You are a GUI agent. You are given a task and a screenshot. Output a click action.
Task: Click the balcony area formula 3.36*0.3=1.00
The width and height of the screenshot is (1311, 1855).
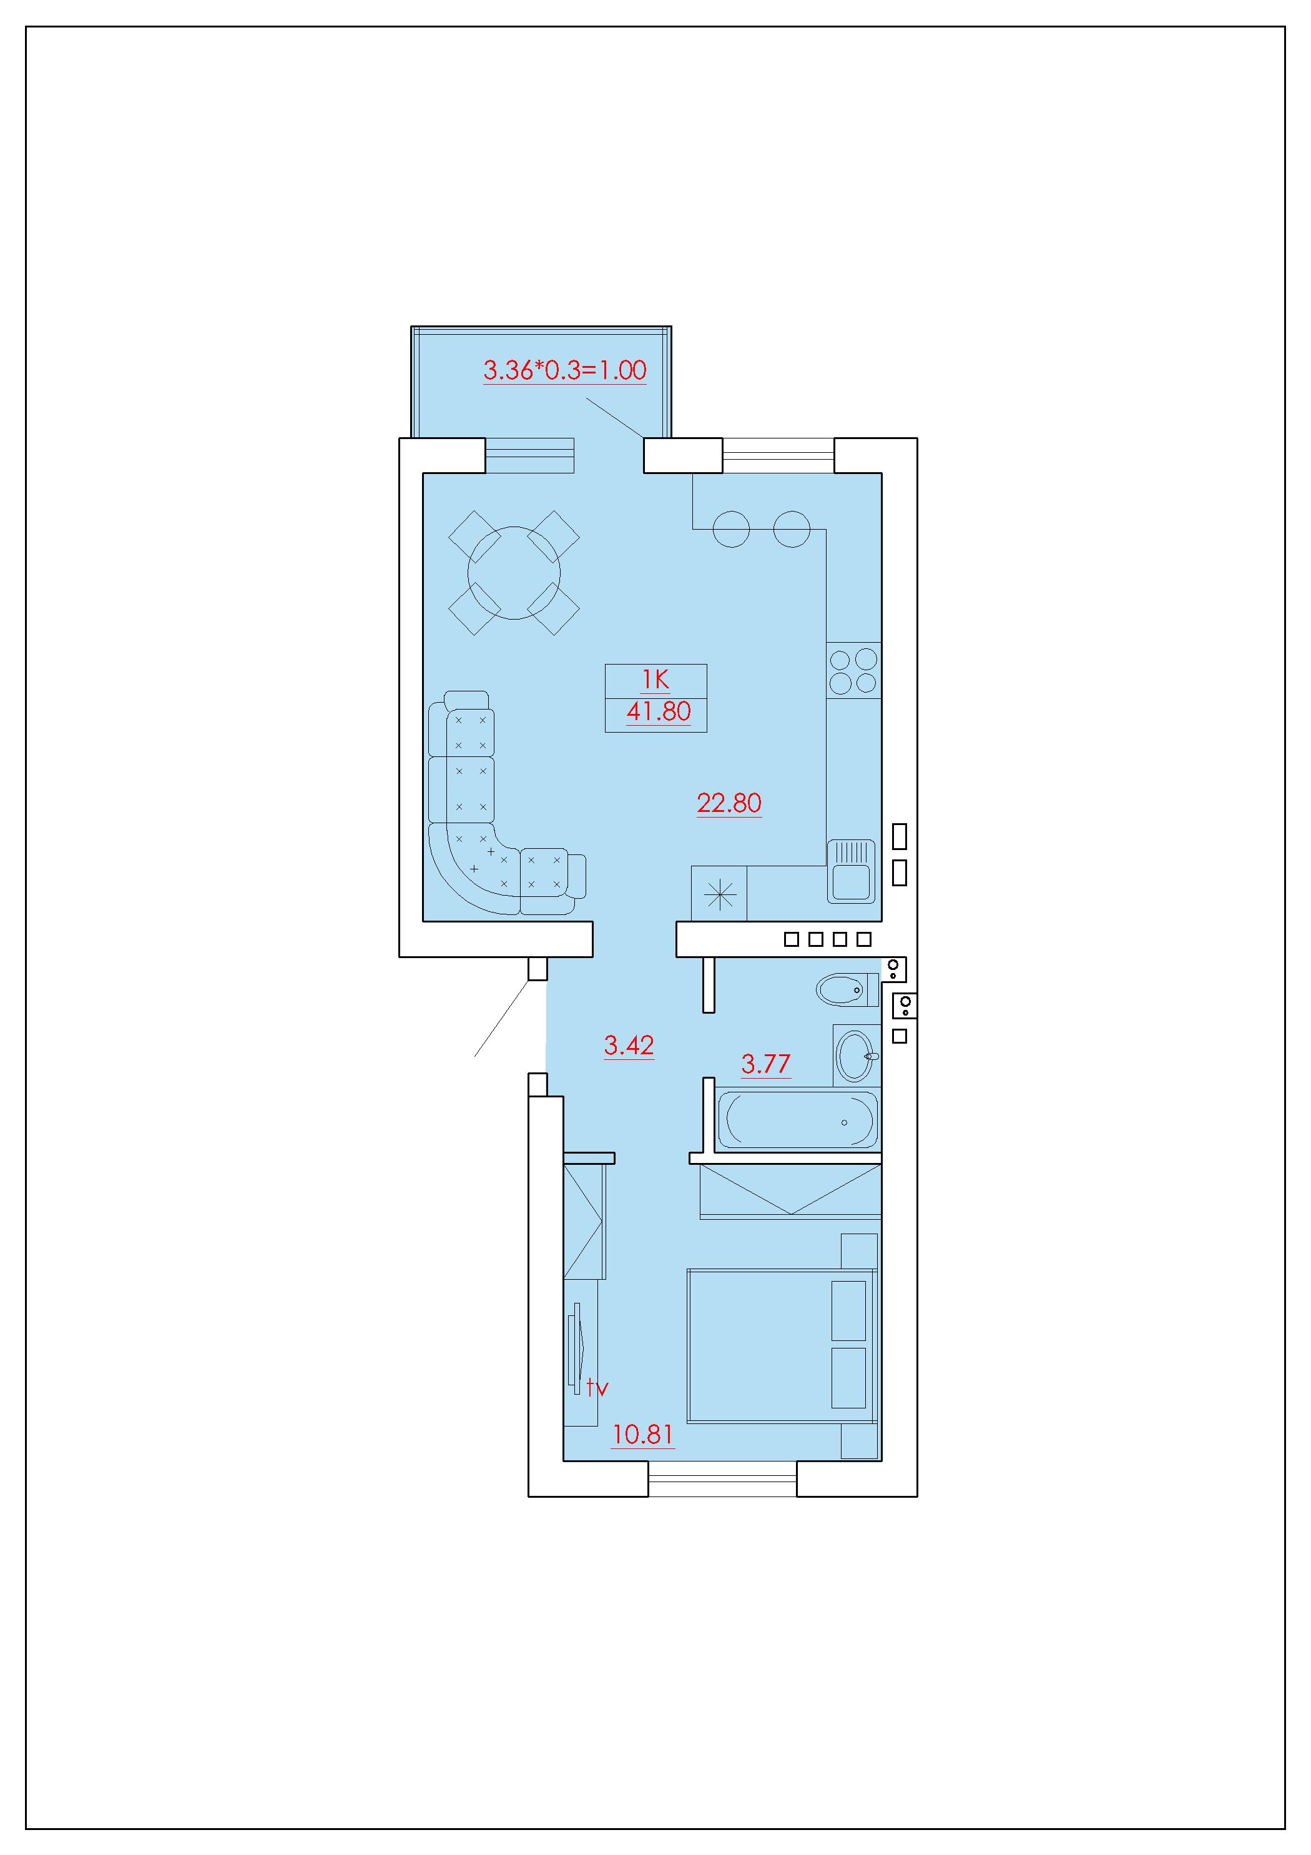[x=564, y=370]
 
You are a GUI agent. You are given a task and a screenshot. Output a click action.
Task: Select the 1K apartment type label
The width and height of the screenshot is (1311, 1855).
[x=655, y=680]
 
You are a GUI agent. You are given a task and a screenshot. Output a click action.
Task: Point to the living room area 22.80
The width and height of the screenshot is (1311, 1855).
[x=729, y=803]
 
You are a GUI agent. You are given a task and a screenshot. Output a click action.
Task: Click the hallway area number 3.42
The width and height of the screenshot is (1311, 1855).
[x=629, y=1046]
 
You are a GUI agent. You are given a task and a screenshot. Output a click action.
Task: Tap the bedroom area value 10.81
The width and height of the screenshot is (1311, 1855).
[x=642, y=1435]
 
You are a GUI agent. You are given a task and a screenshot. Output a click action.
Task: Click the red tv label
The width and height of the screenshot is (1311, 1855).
[x=597, y=1388]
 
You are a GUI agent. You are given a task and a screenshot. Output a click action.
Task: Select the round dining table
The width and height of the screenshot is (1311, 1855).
[x=514, y=573]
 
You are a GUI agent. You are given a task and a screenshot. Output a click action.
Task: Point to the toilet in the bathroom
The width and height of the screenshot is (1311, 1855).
[x=847, y=989]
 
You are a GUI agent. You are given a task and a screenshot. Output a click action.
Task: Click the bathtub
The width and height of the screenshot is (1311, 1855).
[x=797, y=1120]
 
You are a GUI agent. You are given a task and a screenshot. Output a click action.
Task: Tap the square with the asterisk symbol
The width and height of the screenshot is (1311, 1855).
[x=719, y=894]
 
